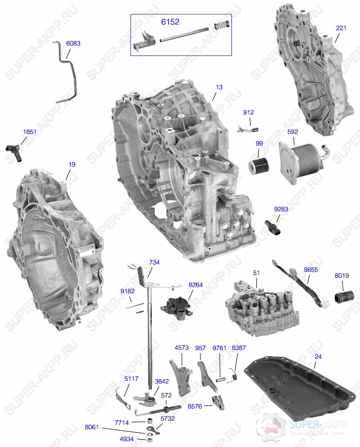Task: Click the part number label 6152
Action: pyautogui.click(x=170, y=22)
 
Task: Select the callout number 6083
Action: pyautogui.click(x=73, y=43)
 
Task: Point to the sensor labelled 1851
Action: pyautogui.click(x=13, y=152)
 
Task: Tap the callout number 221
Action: pyautogui.click(x=341, y=28)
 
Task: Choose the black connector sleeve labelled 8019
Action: pyautogui.click(x=344, y=298)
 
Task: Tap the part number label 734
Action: pyautogui.click(x=154, y=262)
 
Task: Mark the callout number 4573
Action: pyautogui.click(x=181, y=348)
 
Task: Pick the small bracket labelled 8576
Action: pyautogui.click(x=218, y=402)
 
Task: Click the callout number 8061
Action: pyautogui.click(x=92, y=427)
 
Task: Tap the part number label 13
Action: pyautogui.click(x=219, y=87)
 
